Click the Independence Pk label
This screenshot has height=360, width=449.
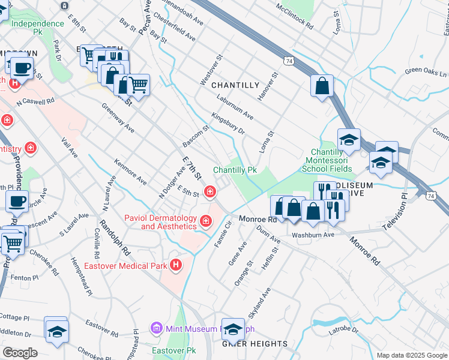37,23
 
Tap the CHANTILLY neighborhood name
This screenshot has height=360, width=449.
235,86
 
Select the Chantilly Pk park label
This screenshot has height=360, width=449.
235,170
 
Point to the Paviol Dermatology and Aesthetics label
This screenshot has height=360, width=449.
160,222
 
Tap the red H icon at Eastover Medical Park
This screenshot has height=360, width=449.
176,264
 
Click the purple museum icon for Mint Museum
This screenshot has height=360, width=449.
157,328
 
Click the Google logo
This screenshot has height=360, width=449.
20,353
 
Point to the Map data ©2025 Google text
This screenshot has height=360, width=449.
412,355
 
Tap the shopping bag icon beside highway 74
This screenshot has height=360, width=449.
322,86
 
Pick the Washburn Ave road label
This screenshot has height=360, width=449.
312,235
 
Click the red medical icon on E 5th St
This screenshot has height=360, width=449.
209,192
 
